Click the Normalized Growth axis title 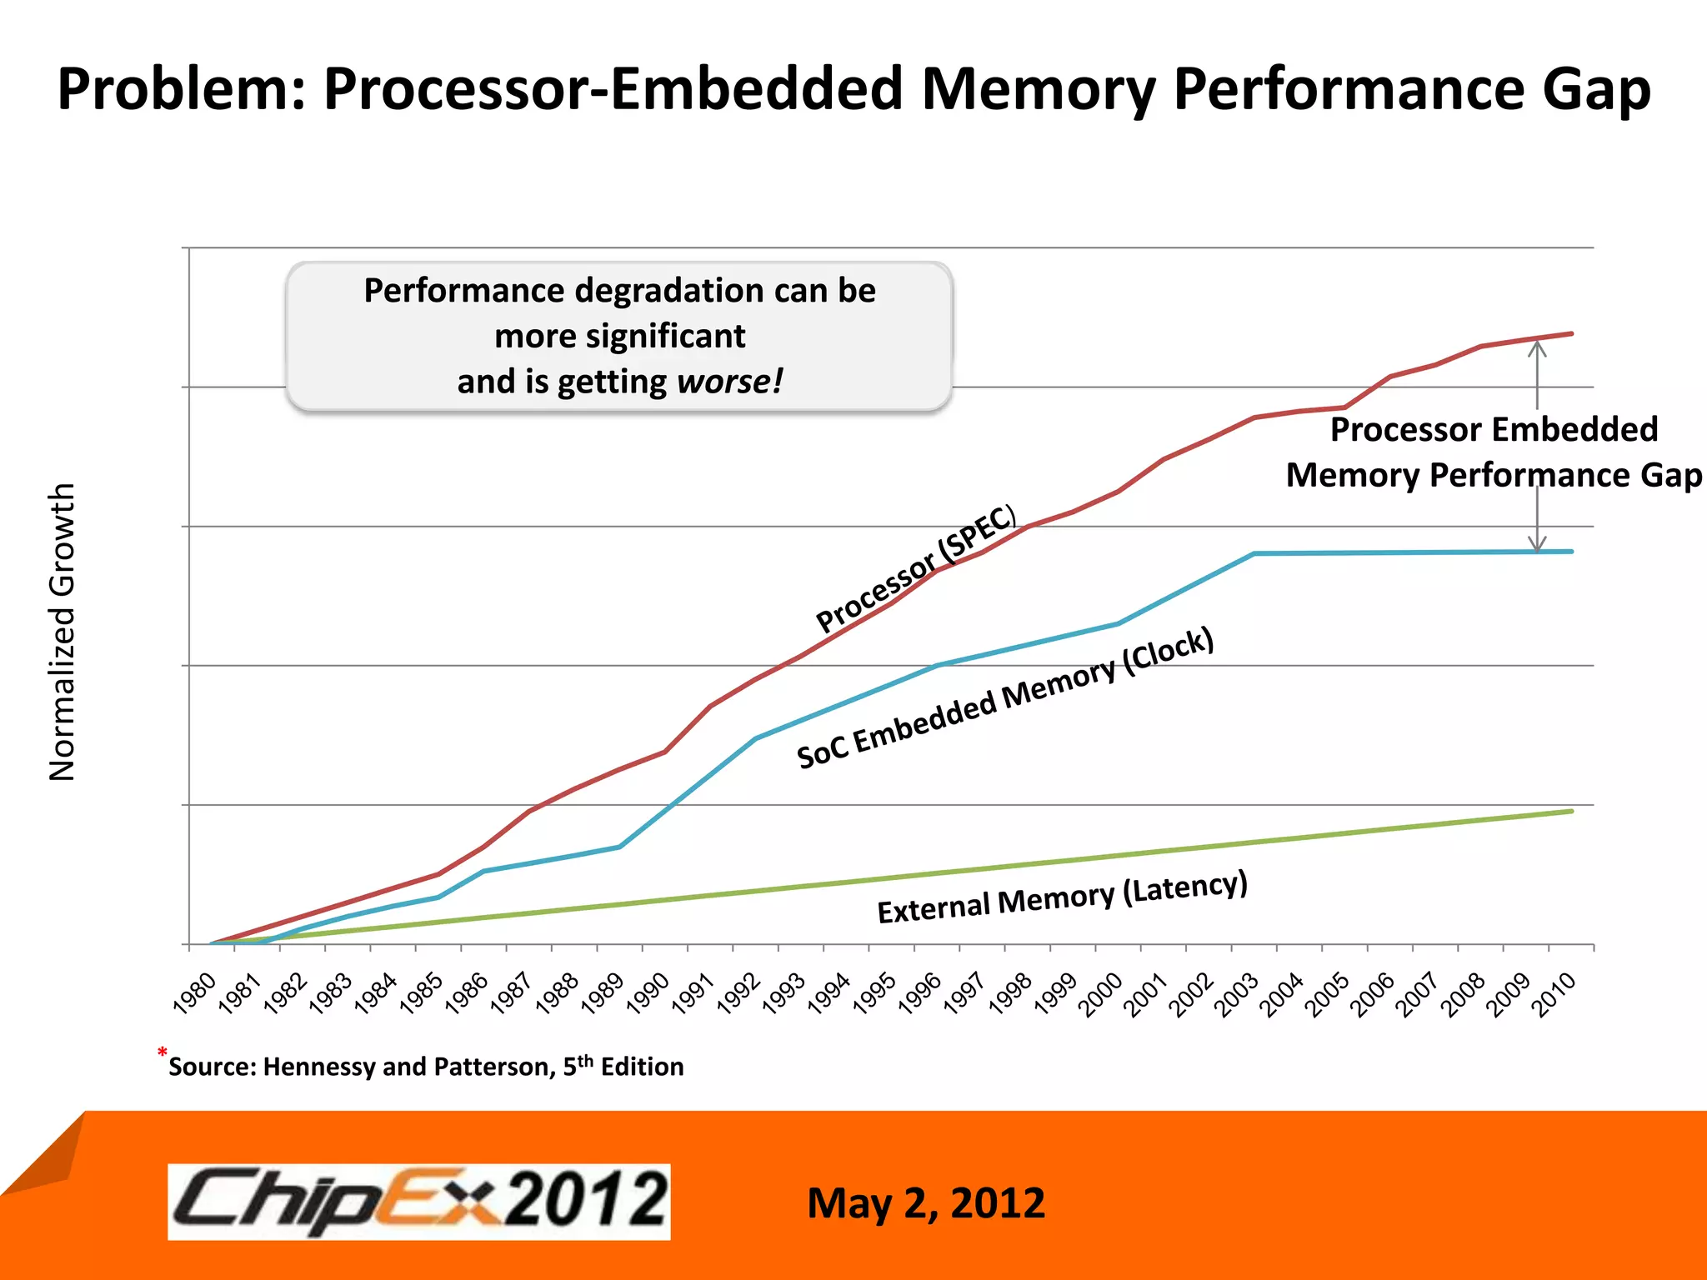pos(63,632)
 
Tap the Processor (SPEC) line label pos(916,568)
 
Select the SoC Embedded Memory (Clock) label pos(1004,698)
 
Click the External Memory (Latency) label pos(1062,897)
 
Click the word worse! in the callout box pos(730,382)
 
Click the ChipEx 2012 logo pos(419,1201)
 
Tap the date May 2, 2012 pos(926,1203)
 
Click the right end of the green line pos(1571,811)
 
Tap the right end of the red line pos(1571,333)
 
